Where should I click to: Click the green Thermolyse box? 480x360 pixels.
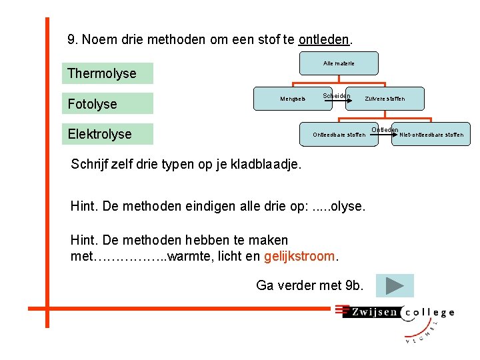pyautogui.click(x=107, y=73)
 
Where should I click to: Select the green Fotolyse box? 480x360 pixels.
pyautogui.click(x=107, y=103)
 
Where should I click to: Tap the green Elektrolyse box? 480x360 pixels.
pyautogui.click(x=107, y=134)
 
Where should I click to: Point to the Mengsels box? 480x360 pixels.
pyautogui.click(x=293, y=99)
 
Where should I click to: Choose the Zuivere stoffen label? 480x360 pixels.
pyautogui.click(x=385, y=99)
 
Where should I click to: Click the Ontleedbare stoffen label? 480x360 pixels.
pyautogui.click(x=339, y=135)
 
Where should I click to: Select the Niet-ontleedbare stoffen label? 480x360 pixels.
pyautogui.click(x=431, y=135)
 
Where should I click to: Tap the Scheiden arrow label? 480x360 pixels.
pyautogui.click(x=337, y=96)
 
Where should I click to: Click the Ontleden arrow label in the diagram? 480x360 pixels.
pyautogui.click(x=385, y=129)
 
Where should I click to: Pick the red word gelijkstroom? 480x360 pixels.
pyautogui.click(x=301, y=256)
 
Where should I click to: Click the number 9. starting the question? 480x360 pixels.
pyautogui.click(x=73, y=39)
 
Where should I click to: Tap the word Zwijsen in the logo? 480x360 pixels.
pyautogui.click(x=373, y=311)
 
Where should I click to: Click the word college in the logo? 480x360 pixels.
pyautogui.click(x=429, y=311)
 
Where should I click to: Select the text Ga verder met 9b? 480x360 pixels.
pyautogui.click(x=310, y=285)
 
